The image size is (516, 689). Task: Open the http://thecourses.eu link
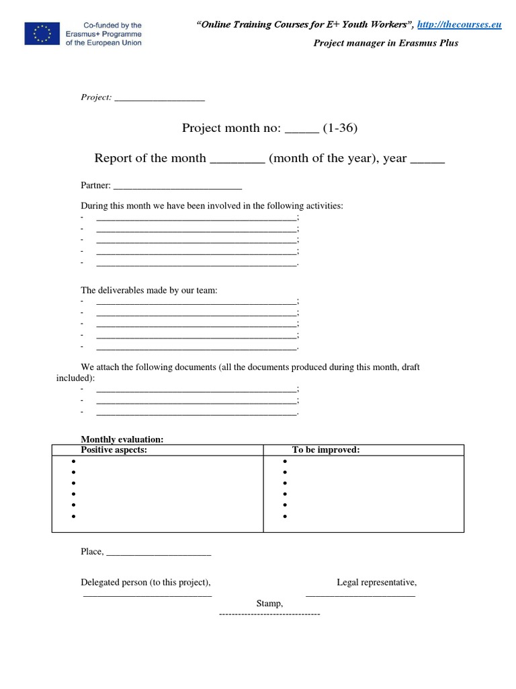pos(460,25)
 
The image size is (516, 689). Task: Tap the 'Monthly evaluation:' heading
pos(122,439)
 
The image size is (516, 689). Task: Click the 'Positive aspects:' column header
pos(114,450)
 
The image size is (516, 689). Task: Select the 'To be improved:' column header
pos(326,450)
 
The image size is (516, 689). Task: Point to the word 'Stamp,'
pos(269,604)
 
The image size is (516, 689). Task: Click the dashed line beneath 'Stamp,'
pos(269,615)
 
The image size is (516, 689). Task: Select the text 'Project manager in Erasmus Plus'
pos(386,43)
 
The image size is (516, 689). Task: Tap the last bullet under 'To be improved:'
pos(286,517)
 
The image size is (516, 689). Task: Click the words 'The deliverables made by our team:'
pos(149,291)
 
